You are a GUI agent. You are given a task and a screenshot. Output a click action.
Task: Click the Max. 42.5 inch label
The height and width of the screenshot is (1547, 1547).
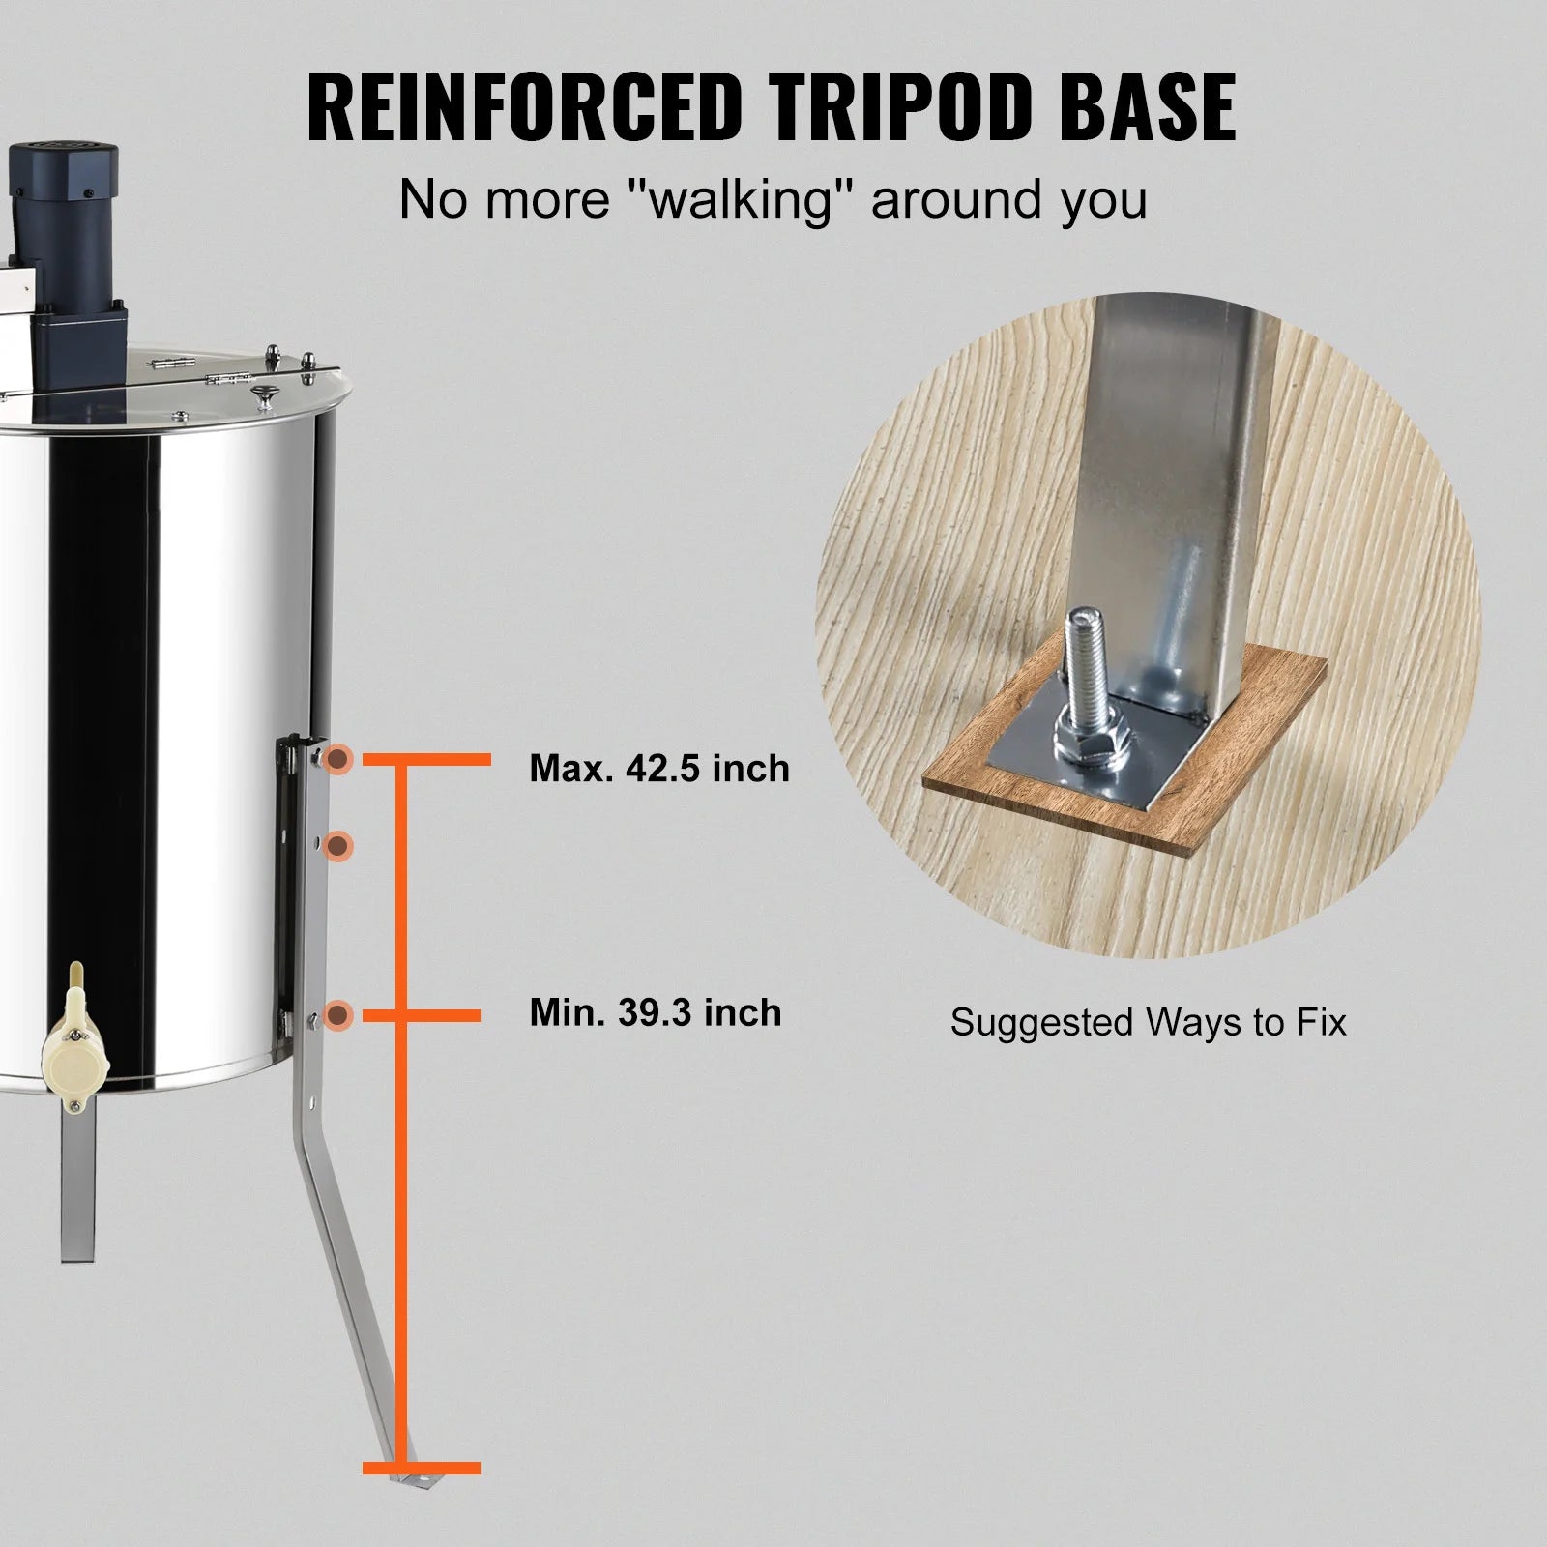coord(659,769)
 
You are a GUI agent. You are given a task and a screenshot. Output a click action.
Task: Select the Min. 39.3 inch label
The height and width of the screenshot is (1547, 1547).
coord(656,1012)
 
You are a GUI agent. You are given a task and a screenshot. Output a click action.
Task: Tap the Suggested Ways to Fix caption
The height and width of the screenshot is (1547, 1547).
coord(1148,1022)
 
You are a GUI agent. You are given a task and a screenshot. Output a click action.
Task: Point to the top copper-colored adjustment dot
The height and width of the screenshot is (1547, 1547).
coord(337,760)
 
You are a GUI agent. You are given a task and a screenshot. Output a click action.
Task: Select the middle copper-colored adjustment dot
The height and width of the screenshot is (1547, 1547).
coord(337,847)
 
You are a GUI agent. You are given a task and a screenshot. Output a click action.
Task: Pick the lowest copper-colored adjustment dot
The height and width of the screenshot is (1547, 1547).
coord(337,1015)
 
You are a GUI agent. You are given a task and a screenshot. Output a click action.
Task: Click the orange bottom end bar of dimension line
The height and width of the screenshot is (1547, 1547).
coord(422,1495)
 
